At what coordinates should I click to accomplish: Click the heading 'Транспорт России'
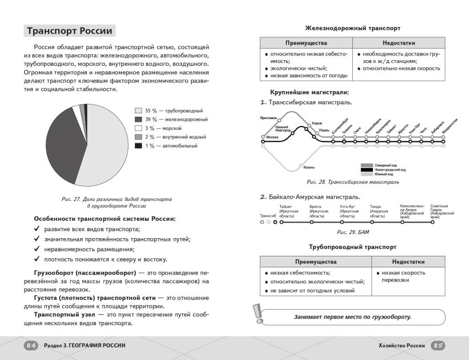70,31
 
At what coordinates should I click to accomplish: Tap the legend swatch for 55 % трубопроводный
138,110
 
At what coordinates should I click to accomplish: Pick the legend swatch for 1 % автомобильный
138,146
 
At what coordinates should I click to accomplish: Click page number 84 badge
31,345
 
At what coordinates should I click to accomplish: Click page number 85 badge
438,345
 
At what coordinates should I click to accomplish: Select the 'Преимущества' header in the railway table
306,43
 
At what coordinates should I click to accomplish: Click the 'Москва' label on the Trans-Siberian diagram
272,137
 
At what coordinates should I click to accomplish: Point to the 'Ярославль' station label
268,117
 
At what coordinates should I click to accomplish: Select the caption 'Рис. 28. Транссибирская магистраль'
353,181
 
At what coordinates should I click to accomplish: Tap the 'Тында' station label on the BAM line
375,206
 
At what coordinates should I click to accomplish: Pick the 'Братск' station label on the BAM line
316,206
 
